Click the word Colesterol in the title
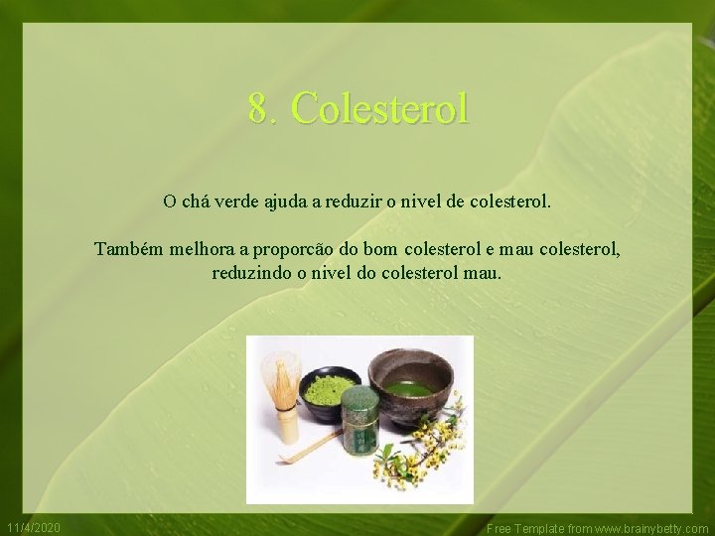381,108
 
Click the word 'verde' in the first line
239,201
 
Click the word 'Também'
127,248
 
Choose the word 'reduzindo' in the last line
251,271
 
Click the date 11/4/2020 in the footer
33,527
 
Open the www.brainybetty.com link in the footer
650,528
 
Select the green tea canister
359,422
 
